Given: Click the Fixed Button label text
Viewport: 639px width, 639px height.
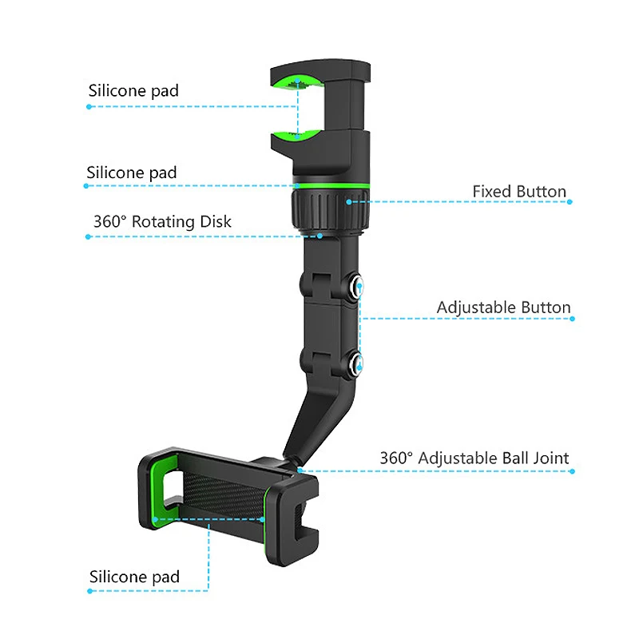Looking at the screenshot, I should [519, 192].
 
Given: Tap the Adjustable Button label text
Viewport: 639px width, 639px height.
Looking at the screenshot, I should [503, 308].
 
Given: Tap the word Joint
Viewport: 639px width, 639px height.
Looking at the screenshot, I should [550, 458].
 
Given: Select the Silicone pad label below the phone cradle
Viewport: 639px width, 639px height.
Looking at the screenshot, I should [134, 577].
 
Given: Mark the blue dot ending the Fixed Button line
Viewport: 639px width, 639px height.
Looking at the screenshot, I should [570, 202].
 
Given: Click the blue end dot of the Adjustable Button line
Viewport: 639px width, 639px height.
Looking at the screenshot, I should [572, 319].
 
